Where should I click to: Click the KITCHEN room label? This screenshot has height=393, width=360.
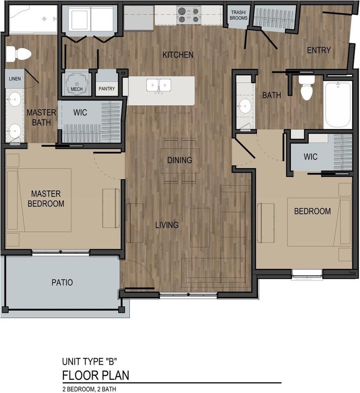178,55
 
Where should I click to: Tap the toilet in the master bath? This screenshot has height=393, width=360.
18,53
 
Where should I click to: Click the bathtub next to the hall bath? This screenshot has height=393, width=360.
338,105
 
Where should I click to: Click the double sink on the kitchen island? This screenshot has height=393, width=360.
159,86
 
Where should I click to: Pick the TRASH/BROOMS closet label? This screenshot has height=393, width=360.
238,15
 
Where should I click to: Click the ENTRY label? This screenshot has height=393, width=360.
319,50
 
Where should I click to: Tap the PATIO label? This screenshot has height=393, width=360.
62,282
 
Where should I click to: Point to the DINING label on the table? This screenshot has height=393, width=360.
179,160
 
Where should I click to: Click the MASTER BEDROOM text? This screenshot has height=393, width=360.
46,199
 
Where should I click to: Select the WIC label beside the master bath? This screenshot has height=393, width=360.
80,113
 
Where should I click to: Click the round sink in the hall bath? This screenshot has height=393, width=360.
245,106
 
